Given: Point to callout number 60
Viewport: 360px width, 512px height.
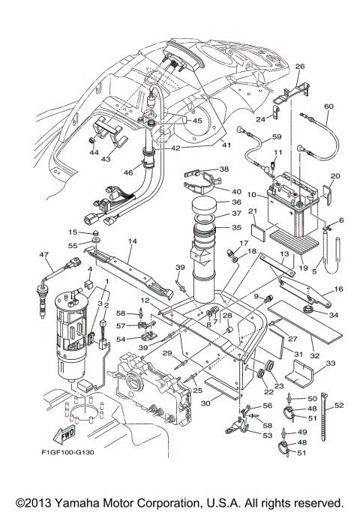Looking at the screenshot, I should pyautogui.click(x=328, y=106).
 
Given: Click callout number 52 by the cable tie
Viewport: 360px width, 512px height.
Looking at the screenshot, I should pyautogui.click(x=339, y=405).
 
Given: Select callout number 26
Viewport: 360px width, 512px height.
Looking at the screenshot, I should pyautogui.click(x=300, y=67).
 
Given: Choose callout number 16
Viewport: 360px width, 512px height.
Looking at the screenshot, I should pyautogui.click(x=337, y=289).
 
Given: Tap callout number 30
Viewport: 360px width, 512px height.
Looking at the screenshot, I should pyautogui.click(x=205, y=403).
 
